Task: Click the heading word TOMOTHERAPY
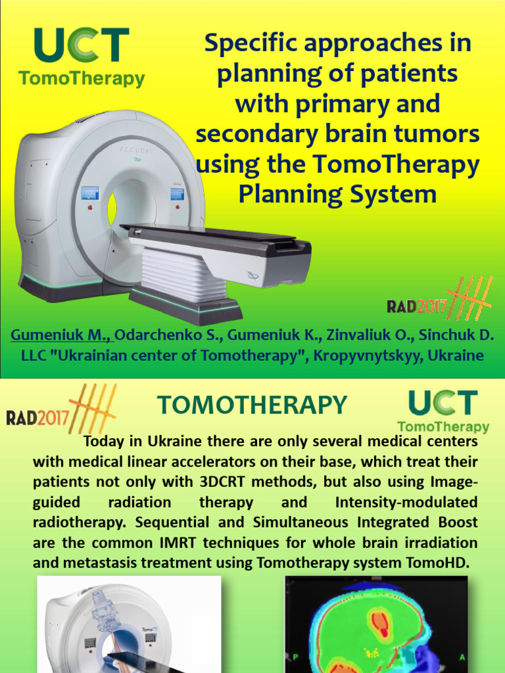(x=252, y=406)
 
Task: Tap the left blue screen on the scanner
(x=89, y=193)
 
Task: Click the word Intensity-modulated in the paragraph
(x=406, y=502)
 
